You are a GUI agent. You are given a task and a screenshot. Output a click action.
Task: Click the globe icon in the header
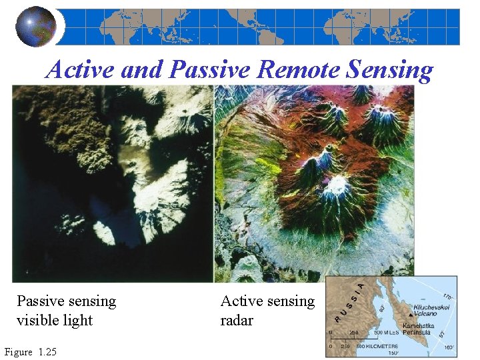coord(35,27)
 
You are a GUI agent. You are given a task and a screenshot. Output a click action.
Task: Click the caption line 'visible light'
coord(55,321)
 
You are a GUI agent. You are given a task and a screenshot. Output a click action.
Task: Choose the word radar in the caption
coord(237,321)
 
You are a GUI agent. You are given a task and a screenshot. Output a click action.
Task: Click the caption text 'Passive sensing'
coord(66,302)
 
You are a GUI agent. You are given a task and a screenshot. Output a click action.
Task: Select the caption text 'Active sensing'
coord(267,302)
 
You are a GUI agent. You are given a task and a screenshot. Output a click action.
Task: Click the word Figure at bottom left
coord(18,352)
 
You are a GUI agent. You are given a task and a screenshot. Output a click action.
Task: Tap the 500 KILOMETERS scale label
coord(377,346)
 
